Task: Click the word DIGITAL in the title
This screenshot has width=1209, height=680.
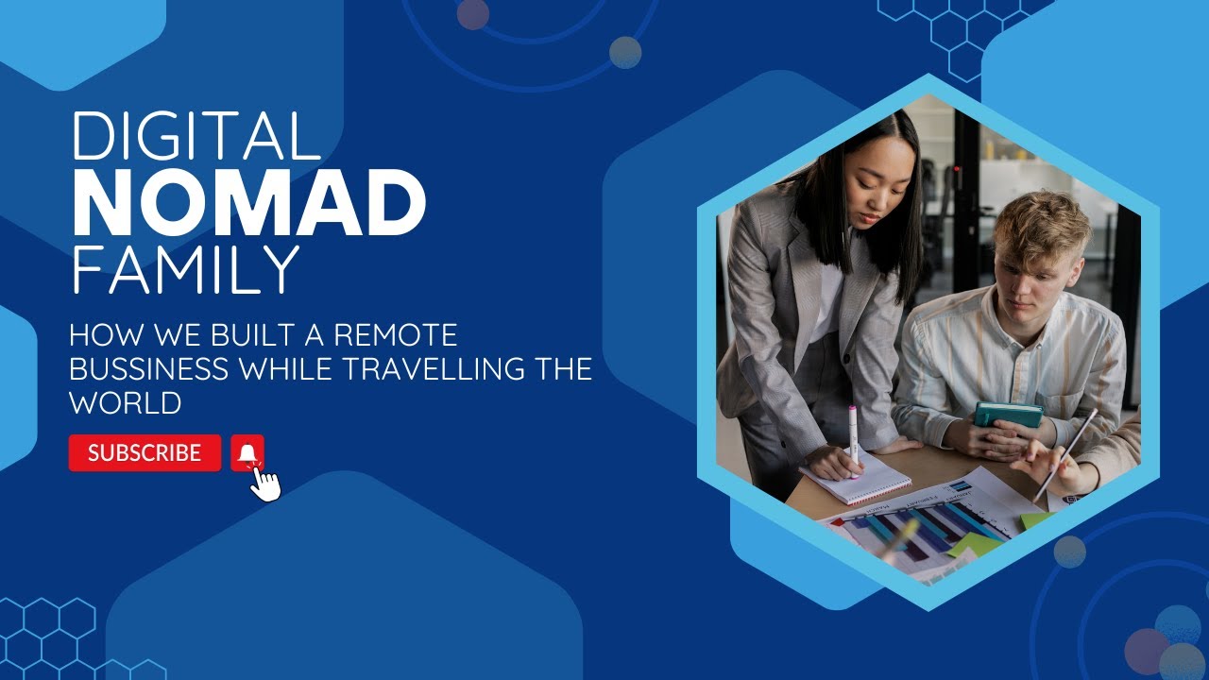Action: click(196, 135)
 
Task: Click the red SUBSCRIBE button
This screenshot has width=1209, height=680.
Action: click(145, 453)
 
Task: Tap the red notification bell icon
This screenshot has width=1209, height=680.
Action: click(247, 453)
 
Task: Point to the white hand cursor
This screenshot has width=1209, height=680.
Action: click(266, 484)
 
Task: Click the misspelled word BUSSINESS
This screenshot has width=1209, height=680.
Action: click(149, 368)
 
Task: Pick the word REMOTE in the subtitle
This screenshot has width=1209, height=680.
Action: click(397, 335)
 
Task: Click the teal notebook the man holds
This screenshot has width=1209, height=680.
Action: click(1008, 415)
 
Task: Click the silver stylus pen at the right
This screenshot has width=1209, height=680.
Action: click(1066, 454)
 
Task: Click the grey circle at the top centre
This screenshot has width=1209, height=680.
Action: click(625, 52)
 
